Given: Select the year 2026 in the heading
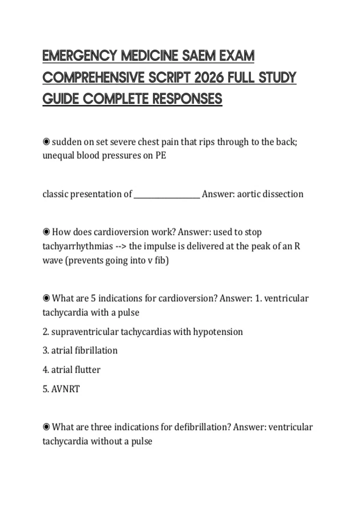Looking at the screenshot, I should (x=209, y=78).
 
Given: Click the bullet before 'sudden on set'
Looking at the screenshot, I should (x=46, y=142).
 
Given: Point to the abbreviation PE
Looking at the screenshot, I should (x=160, y=155).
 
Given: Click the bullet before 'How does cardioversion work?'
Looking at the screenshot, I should (x=46, y=232).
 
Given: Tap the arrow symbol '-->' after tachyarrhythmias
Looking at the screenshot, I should (x=121, y=246).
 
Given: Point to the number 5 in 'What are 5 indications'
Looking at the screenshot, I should (x=93, y=298).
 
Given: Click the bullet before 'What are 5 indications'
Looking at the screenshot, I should (x=46, y=298).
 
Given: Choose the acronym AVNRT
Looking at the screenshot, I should (x=65, y=389).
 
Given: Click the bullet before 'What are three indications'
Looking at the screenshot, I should (x=46, y=427).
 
